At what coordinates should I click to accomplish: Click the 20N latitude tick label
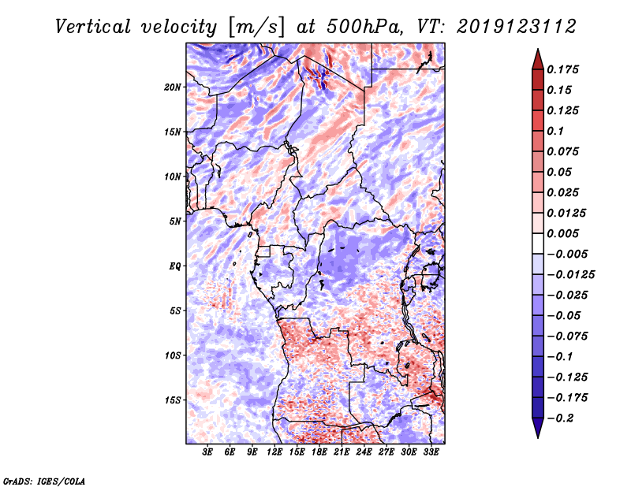(x=173, y=87)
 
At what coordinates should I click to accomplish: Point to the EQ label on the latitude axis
(x=175, y=266)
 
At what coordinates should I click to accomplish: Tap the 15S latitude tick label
(x=173, y=400)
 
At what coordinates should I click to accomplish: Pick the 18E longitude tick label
(x=320, y=452)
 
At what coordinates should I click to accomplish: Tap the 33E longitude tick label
(x=431, y=452)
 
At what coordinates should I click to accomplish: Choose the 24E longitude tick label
(x=364, y=452)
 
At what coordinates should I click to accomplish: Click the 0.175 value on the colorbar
(x=565, y=69)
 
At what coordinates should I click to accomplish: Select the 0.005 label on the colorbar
(x=565, y=233)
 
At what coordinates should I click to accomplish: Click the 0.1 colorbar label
(x=558, y=131)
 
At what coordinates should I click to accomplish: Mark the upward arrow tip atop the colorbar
(x=536, y=51)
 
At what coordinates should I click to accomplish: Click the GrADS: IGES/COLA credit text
(x=43, y=480)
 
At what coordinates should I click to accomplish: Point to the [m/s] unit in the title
(x=253, y=26)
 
